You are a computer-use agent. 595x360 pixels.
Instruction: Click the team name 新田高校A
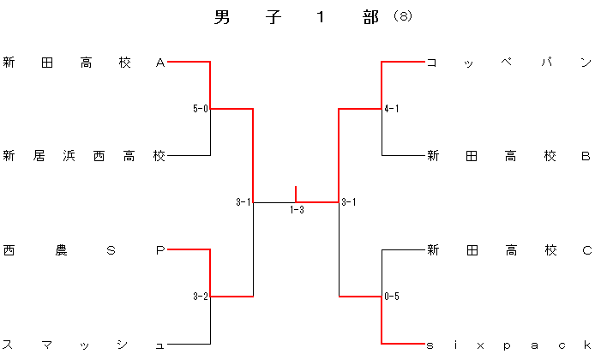coord(84,63)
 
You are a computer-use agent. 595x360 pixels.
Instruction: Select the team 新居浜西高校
coord(84,156)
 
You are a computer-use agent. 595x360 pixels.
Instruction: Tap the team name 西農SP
coord(84,250)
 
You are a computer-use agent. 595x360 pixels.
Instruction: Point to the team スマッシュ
coord(84,345)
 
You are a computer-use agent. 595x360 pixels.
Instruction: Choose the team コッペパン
coord(509,63)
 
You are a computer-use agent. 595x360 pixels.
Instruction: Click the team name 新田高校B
coord(509,156)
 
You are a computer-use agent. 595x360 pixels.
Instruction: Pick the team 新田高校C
coord(509,250)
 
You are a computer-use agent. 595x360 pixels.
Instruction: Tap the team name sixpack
coord(509,345)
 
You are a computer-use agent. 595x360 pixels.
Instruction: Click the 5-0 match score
coord(201,109)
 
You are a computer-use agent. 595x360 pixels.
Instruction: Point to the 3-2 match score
coord(201,297)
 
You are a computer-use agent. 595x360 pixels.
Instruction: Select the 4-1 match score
coord(392,109)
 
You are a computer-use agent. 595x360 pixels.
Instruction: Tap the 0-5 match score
coord(392,297)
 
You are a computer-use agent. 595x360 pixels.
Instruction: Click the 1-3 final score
coord(297,210)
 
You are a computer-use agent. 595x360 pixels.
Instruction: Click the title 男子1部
coord(297,18)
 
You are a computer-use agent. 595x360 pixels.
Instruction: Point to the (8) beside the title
coord(402,17)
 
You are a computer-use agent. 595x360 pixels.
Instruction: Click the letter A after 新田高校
coord(160,63)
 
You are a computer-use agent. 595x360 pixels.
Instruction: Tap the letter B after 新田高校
coord(586,156)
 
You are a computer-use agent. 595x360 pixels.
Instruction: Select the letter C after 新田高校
coord(586,250)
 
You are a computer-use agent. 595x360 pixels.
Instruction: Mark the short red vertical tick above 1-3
coord(296,193)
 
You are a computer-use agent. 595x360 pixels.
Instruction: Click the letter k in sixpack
coord(586,345)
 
